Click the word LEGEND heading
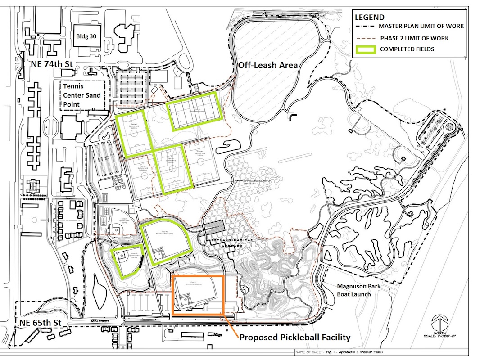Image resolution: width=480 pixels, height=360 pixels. tap(370, 18)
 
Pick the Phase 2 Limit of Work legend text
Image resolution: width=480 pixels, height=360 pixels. tap(414, 38)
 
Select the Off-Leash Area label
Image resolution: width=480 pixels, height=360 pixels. tap(268, 65)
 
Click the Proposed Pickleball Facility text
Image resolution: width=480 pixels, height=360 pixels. tap(294, 337)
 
